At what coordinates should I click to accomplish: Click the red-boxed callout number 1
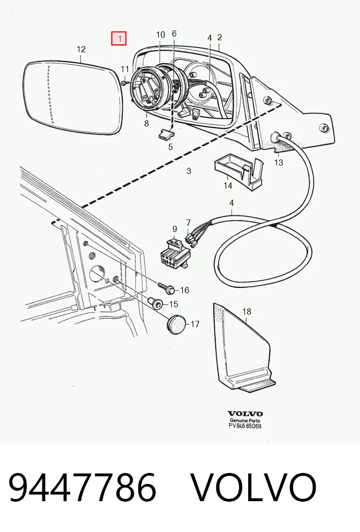tap(119, 38)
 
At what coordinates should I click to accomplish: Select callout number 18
tap(247, 311)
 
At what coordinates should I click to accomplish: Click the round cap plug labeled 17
tap(177, 325)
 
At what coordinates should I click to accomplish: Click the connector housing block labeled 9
tap(175, 254)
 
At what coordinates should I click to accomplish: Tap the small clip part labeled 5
tap(165, 134)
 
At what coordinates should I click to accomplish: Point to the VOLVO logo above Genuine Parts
tap(245, 413)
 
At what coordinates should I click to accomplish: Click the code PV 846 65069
tap(245, 426)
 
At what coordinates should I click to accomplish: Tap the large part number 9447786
tap(83, 488)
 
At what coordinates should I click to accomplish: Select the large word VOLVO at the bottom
tap(253, 488)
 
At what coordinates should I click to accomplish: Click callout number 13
tap(278, 163)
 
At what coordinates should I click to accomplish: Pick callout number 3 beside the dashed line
tap(189, 171)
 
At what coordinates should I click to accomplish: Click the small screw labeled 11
tap(124, 83)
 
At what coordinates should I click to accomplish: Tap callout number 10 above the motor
tap(160, 34)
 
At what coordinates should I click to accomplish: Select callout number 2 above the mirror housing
tap(219, 37)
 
